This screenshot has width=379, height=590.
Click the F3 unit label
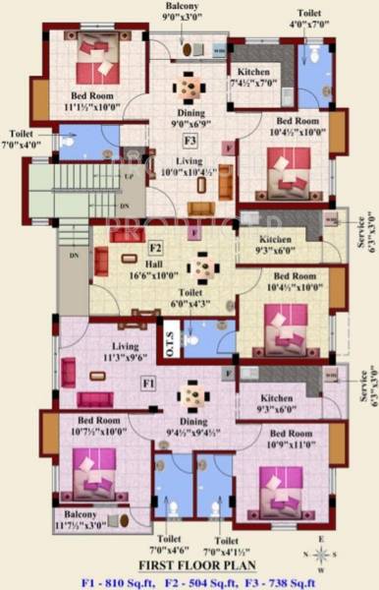point(189,141)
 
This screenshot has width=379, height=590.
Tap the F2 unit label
point(155,247)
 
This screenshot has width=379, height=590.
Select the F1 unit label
point(148,382)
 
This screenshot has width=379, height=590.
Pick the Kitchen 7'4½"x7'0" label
point(255,78)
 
